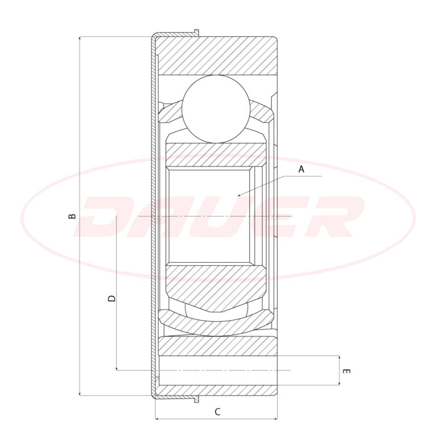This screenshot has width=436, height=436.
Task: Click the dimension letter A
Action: click(301, 169)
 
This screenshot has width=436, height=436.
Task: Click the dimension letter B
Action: click(72, 216)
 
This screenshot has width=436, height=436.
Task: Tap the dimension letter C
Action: click(217, 412)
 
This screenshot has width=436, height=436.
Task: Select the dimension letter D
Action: click(111, 299)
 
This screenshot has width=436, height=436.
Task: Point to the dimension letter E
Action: click(346, 371)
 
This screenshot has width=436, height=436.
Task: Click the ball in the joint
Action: click(216, 109)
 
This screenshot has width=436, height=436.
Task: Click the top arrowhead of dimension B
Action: click(80, 39)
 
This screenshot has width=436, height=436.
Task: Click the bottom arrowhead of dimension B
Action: click(80, 393)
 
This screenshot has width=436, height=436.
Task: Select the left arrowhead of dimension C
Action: click(157, 418)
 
